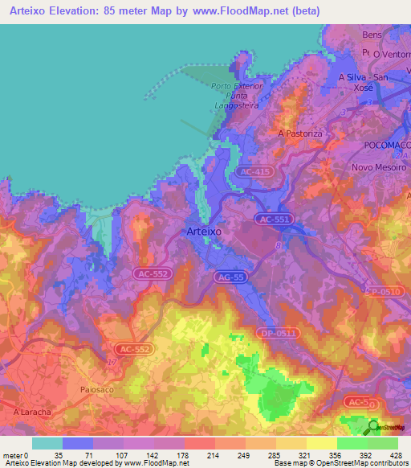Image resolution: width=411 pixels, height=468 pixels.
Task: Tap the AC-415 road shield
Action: point(254,172)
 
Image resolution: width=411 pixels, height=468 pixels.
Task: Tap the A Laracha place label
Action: point(33,412)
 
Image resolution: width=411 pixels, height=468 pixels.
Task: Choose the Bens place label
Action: point(371,36)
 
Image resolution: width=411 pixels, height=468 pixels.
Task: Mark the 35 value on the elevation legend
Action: point(59,454)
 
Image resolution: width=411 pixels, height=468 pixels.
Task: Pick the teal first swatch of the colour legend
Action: point(47,443)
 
